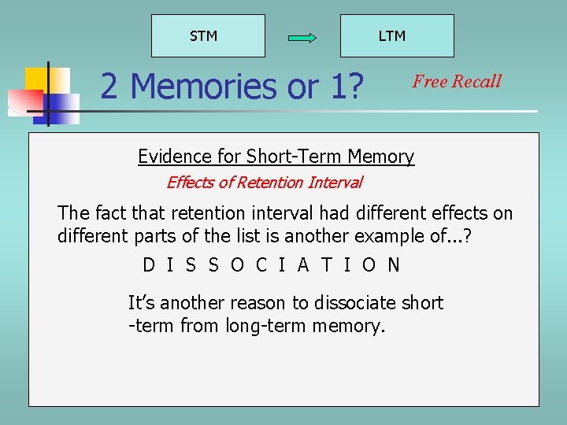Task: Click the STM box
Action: pyautogui.click(x=208, y=35)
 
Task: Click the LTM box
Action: pyautogui.click(x=397, y=35)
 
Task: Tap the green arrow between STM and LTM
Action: pyautogui.click(x=302, y=37)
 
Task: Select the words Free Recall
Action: pyautogui.click(x=457, y=81)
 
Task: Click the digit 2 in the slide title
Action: pyautogui.click(x=109, y=86)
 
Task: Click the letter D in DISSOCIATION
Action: pyautogui.click(x=149, y=265)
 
